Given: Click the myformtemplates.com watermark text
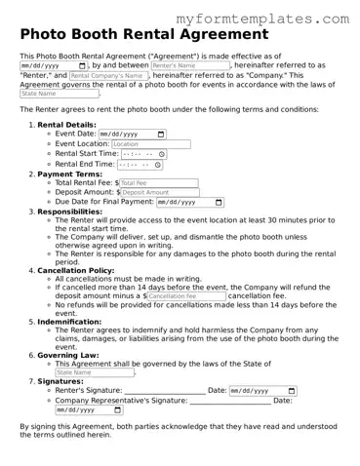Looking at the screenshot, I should point(263,19).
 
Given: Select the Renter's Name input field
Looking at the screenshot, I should point(189,65).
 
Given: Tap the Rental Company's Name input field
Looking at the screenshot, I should point(106,75).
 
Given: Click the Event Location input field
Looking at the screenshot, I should point(150,143).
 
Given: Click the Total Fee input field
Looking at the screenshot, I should point(158,182).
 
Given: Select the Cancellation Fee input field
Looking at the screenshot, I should point(185,295).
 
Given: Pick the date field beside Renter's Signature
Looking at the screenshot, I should point(262,391).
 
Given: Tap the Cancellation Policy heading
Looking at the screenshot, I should point(76,269).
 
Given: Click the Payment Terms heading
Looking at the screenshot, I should point(69,174).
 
